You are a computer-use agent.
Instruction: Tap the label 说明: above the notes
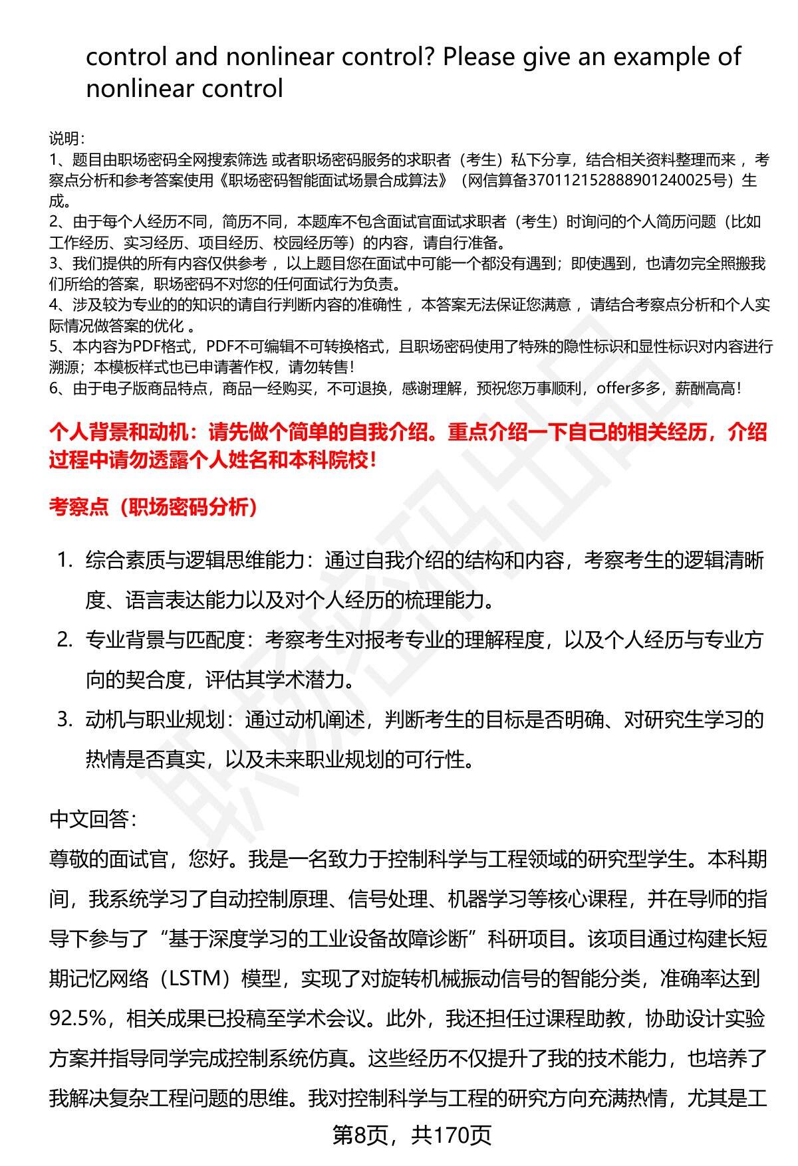point(66,139)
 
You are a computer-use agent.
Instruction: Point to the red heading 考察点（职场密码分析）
point(154,508)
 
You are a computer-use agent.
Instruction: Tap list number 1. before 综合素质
point(65,561)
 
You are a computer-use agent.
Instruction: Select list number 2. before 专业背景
point(65,640)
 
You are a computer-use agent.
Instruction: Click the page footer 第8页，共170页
point(412,1135)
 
